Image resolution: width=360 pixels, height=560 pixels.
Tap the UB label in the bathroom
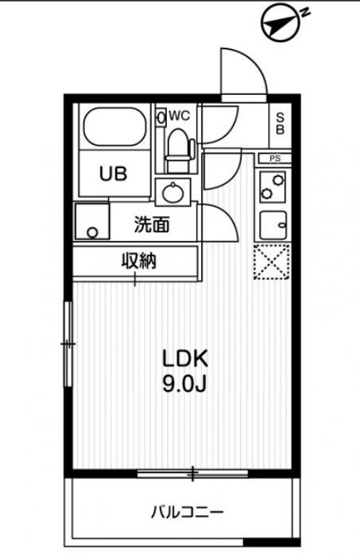113,174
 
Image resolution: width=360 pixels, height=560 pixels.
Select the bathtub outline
115,126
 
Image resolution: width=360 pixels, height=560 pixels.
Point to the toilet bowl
179,147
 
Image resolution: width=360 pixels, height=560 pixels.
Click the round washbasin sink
173,193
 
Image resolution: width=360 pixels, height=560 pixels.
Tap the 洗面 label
152,225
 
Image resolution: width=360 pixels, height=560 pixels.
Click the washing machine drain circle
92,233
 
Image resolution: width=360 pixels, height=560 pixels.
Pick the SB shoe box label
280,123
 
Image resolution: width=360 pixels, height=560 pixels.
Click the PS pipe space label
275,158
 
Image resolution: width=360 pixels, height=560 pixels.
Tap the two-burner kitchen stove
272,186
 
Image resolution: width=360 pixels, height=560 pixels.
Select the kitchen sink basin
273,226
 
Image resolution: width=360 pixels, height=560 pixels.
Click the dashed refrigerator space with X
271,262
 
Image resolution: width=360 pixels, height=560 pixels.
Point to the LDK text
185,359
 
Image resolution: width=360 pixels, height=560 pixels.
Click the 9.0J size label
184,384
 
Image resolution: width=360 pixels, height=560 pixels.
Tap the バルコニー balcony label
187,513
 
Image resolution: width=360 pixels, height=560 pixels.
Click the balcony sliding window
192,474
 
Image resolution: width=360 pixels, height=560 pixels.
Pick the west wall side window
68,344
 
